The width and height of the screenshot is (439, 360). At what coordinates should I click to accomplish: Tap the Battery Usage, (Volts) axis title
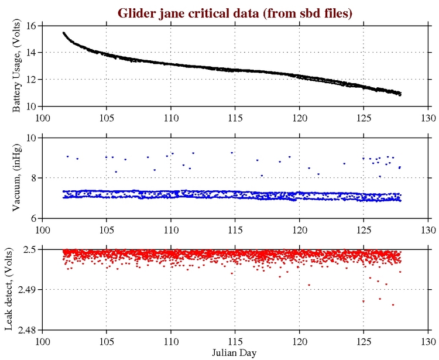[x=16, y=66]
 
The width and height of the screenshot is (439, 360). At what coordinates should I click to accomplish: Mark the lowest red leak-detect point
[x=393, y=304]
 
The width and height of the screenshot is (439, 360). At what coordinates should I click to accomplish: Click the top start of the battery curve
[x=64, y=33]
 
